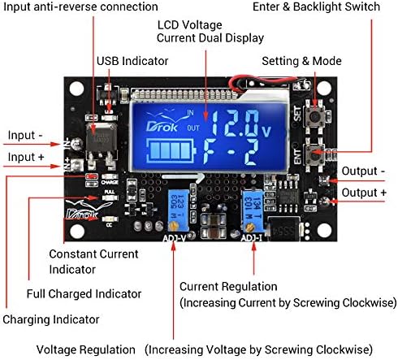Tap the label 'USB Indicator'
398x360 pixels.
pos(133,61)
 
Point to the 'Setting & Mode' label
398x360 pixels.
pos(301,61)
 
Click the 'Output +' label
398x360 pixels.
pos(364,192)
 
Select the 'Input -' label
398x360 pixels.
pos(27,135)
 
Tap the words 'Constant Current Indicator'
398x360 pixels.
pos(93,262)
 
